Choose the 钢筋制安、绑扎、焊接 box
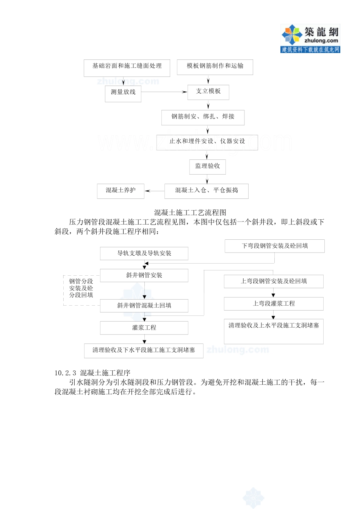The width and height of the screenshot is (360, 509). (203, 117)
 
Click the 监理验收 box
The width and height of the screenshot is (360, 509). (207, 167)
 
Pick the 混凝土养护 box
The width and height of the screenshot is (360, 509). (121, 191)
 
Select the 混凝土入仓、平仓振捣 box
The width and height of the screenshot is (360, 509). (206, 191)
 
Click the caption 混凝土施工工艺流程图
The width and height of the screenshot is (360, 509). (190, 212)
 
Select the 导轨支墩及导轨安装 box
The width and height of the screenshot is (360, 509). (144, 253)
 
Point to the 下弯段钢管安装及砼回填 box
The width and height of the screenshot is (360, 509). (274, 246)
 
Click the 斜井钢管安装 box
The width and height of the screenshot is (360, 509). (144, 275)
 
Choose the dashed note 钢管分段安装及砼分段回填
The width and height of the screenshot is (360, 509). (81, 288)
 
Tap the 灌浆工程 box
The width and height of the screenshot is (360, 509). (144, 328)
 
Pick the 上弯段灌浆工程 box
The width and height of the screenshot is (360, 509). (274, 304)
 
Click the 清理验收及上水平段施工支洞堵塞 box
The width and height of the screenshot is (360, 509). (274, 331)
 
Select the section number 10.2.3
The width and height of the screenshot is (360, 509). (65, 373)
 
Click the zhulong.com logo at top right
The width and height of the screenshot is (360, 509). (310, 38)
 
